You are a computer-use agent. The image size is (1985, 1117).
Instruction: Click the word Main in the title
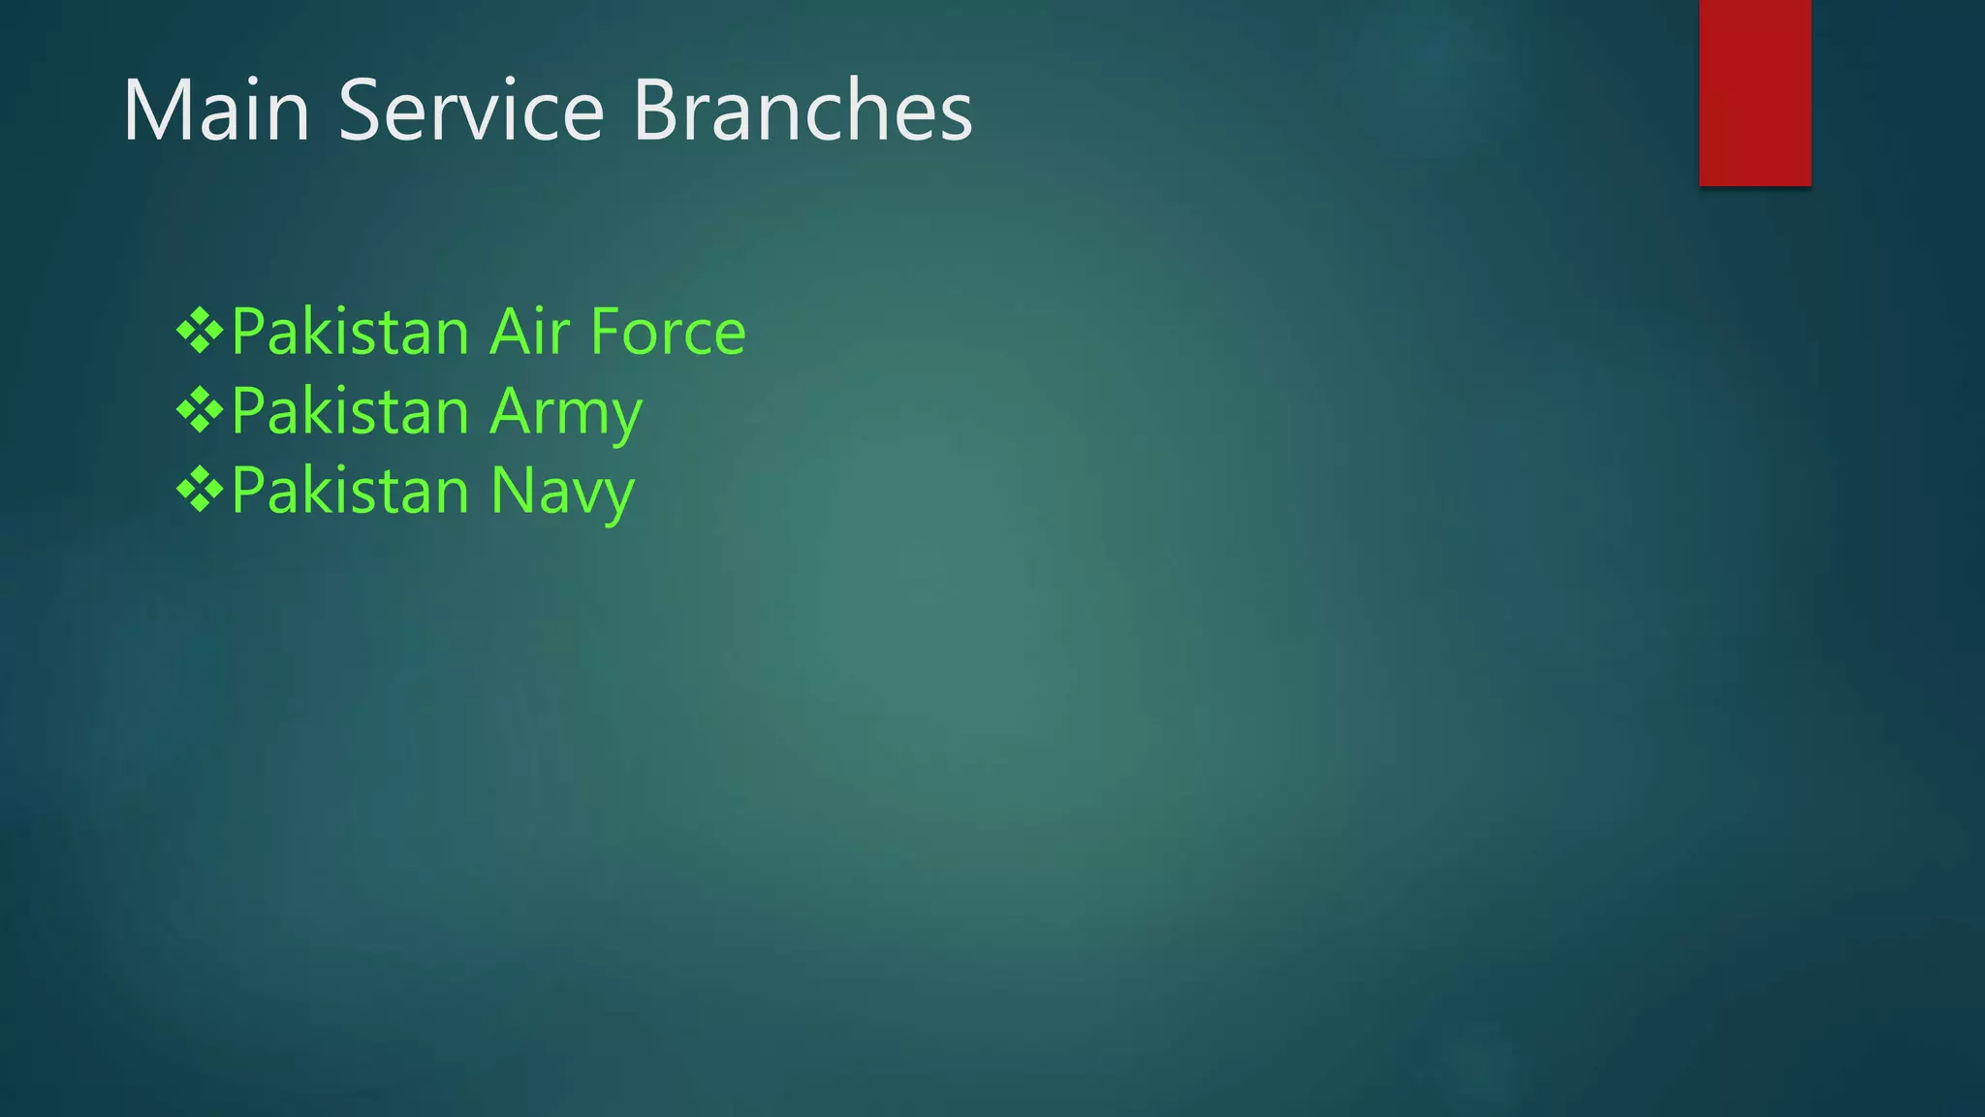coord(216,111)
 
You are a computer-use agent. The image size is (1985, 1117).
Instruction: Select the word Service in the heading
coord(471,111)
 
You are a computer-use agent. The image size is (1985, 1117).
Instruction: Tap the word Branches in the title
coord(803,111)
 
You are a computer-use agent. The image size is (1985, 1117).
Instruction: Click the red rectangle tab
coord(1754,92)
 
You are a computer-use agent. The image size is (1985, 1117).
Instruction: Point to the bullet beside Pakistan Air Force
coord(200,332)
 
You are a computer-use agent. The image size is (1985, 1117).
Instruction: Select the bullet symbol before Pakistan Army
coord(200,411)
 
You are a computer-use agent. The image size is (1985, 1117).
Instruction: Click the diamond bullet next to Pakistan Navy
coord(200,491)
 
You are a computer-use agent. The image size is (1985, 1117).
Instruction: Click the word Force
coord(668,332)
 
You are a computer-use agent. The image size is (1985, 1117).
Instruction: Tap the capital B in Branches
coord(655,111)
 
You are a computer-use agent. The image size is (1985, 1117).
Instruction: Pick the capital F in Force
coord(606,332)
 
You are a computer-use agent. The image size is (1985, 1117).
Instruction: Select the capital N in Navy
coord(512,491)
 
